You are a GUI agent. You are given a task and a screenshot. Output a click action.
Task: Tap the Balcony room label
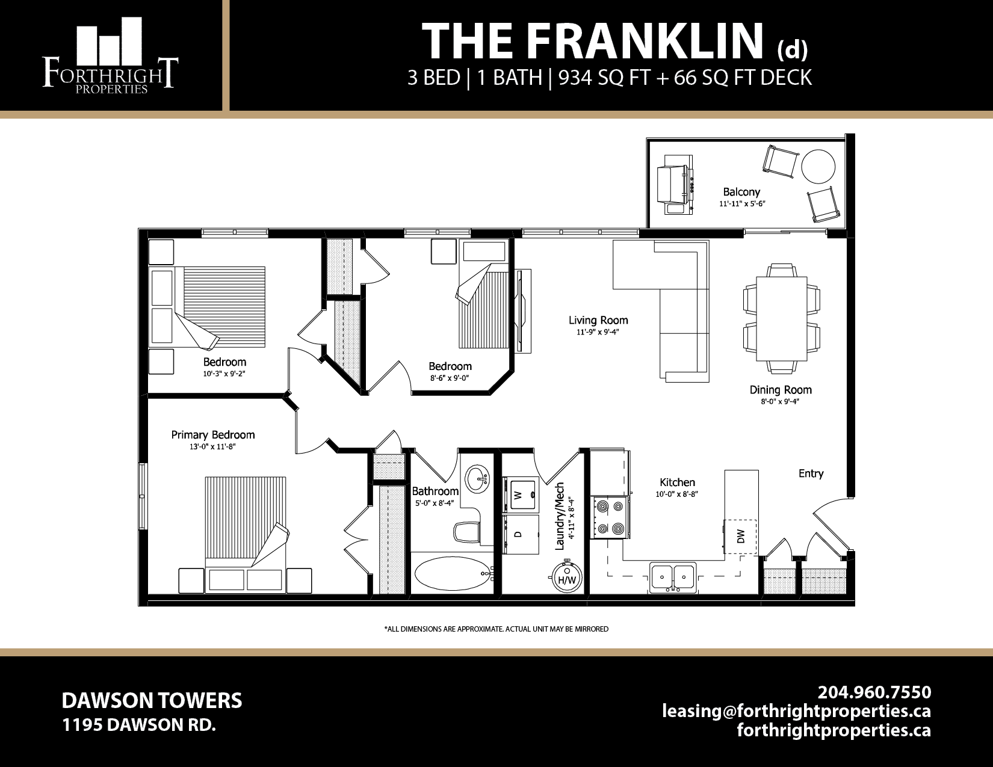pos(741,192)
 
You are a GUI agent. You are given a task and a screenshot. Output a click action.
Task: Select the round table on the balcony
pos(818,166)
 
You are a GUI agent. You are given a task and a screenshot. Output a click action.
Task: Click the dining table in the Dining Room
pos(781,318)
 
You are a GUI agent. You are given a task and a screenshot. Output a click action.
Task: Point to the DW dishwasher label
pos(741,536)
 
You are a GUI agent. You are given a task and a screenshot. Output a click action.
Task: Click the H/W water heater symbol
pos(567,578)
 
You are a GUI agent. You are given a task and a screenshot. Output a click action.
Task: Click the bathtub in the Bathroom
pos(451,573)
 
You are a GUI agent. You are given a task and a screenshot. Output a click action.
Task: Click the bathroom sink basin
pos(478,479)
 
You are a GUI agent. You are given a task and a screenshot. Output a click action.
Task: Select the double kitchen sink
pos(673,577)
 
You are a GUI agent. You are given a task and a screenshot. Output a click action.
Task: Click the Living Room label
pos(598,321)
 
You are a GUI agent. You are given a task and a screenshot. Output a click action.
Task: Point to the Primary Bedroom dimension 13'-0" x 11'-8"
pos(212,447)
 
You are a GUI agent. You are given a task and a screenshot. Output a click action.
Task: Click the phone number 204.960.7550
pos(874,692)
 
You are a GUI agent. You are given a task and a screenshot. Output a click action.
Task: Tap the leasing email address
pos(796,711)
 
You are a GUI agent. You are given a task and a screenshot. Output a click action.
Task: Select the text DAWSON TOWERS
pos(152,700)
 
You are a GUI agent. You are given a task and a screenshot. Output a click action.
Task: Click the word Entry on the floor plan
pos(811,473)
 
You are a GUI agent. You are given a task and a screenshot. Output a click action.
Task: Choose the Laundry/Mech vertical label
pos(560,516)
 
